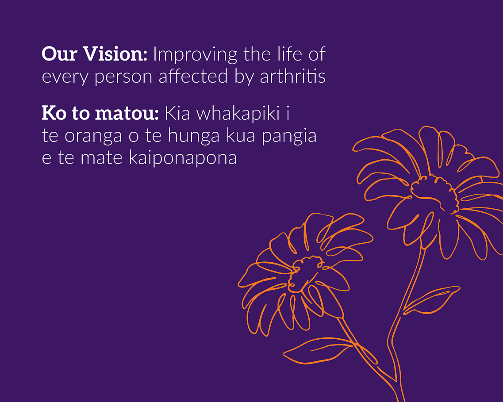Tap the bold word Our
60,54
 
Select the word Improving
195,54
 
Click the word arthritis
292,77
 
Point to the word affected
193,77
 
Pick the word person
123,78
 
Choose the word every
65,78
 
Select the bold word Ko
54,113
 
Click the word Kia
177,113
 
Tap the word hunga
194,136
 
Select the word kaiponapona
183,158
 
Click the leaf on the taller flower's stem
431,300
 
